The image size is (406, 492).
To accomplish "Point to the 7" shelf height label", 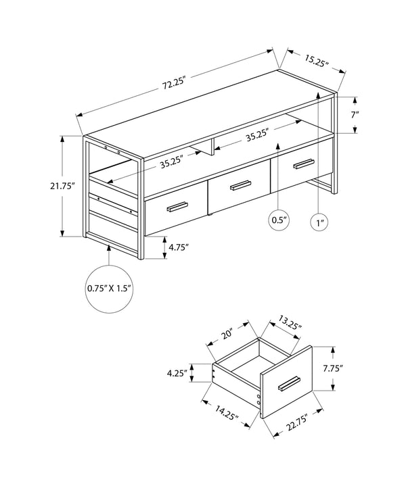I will click(354, 114).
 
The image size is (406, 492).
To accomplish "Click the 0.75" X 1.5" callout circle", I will click(108, 288).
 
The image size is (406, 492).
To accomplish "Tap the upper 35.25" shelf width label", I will click(258, 135).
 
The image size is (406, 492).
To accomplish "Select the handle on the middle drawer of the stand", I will click(240, 185).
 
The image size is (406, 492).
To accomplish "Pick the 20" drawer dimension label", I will click(227, 334).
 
